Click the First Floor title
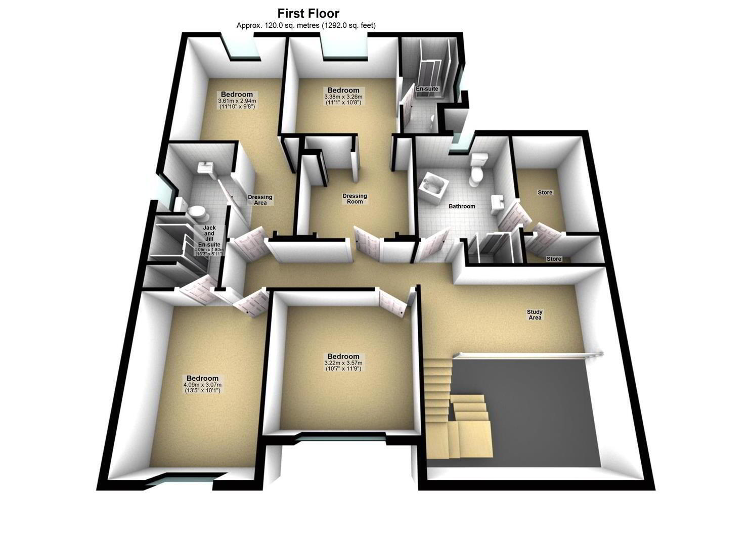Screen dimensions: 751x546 308,14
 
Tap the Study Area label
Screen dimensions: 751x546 535,314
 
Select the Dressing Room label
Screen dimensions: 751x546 355,198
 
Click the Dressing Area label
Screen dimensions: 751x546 260,200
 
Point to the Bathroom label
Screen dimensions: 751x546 462,206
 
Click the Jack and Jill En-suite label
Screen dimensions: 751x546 209,236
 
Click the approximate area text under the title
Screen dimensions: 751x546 306,25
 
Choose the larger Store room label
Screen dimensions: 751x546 545,193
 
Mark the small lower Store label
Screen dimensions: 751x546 554,259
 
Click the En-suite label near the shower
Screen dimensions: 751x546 427,89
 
